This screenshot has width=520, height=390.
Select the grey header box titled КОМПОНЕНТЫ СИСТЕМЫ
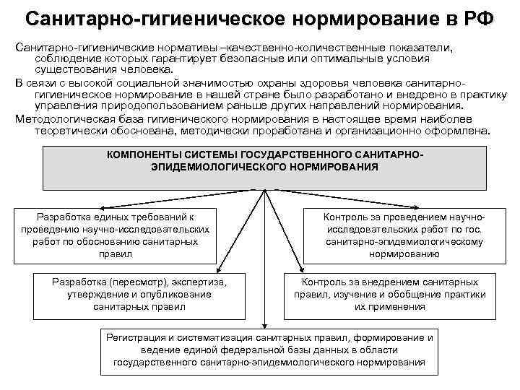[266, 168]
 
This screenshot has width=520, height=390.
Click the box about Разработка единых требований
[116, 235]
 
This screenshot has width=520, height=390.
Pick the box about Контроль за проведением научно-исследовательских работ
[404, 235]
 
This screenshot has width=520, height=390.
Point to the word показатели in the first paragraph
[429, 47]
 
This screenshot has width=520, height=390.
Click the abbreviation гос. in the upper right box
[472, 229]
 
